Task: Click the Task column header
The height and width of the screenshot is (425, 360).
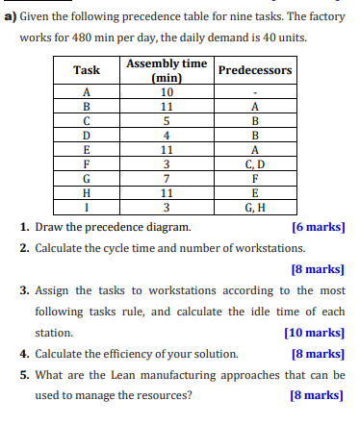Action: click(x=87, y=70)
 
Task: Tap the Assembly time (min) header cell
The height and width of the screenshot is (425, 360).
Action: click(x=167, y=70)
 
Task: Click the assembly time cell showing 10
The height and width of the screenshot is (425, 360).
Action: click(x=167, y=92)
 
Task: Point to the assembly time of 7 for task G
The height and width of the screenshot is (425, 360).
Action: click(x=167, y=178)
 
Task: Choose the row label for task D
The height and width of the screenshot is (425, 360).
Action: click(x=87, y=136)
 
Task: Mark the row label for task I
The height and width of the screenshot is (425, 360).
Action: click(x=87, y=206)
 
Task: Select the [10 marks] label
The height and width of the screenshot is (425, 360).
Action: click(x=315, y=332)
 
